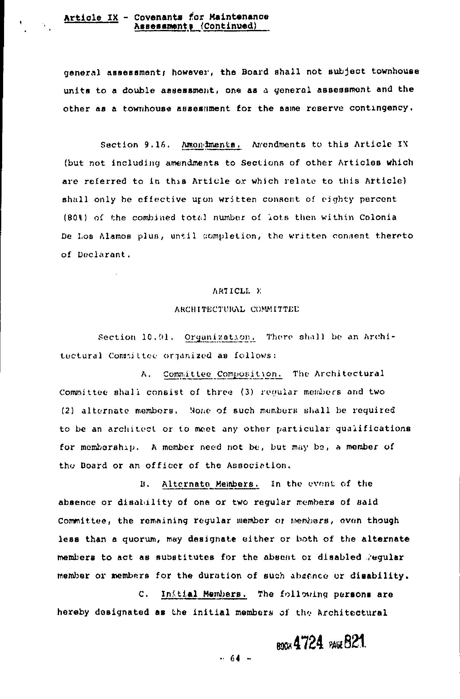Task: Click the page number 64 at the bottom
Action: click(235, 658)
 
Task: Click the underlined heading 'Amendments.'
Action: click(212, 145)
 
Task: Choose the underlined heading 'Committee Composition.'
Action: click(223, 374)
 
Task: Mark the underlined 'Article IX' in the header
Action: click(91, 17)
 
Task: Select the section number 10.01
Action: click(156, 337)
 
